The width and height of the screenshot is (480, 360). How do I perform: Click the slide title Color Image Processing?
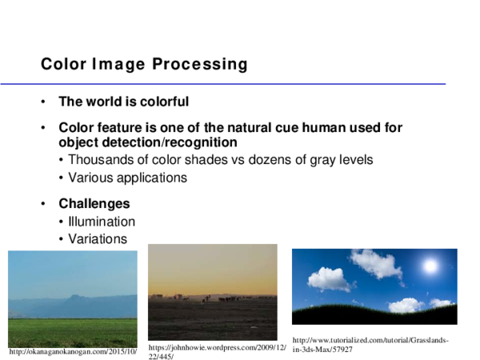pos(144,64)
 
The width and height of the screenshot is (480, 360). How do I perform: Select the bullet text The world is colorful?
pos(123,102)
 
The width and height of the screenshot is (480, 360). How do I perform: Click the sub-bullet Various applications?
pos(127,178)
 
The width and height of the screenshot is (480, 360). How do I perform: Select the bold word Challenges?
pos(94,203)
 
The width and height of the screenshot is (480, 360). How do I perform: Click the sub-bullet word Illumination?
pos(102,222)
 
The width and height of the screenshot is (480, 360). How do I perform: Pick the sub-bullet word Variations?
pos(98,239)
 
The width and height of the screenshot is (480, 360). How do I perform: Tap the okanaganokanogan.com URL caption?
pos(73,351)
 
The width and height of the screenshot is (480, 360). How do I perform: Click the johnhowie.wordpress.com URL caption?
pos(217,352)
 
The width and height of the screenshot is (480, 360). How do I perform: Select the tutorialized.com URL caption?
pos(370,345)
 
